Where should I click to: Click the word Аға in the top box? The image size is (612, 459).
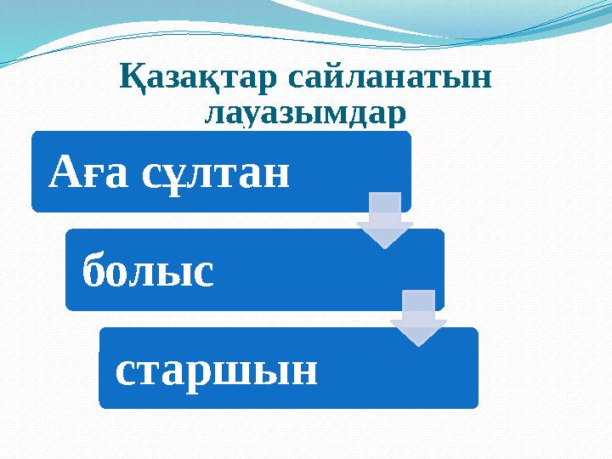[88, 173]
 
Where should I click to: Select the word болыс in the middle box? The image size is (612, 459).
[147, 272]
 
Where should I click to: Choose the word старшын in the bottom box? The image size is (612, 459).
[216, 371]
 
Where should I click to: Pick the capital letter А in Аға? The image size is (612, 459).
[65, 173]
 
